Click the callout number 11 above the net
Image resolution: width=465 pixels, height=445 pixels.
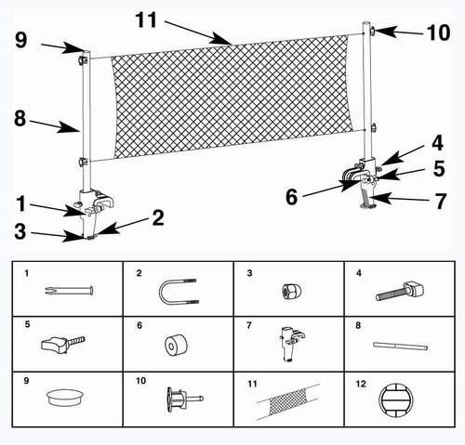[x=146, y=20]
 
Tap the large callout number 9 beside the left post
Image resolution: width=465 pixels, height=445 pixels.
[x=21, y=40]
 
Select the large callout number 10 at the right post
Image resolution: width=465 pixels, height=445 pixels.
[x=438, y=33]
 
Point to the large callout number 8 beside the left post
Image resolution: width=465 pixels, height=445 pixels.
[x=20, y=119]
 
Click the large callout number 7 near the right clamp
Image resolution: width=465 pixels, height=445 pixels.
[x=441, y=201]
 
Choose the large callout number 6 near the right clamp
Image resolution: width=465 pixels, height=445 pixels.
[x=291, y=197]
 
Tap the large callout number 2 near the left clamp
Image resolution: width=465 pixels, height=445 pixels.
[x=158, y=217]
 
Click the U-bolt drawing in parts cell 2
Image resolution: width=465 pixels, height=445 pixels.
[x=178, y=292]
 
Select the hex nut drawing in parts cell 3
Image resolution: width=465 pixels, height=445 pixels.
[x=288, y=291]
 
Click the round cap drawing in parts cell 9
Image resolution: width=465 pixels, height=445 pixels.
[x=65, y=398]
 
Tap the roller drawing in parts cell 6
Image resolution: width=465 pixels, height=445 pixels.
[x=176, y=345]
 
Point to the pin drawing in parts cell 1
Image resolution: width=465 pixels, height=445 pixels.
[x=69, y=291]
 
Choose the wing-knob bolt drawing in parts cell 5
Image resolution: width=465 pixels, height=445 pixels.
[x=63, y=344]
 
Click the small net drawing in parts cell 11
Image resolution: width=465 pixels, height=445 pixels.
[x=288, y=401]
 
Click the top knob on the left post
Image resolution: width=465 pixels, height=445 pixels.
[x=83, y=59]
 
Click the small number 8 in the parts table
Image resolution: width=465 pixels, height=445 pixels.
[x=358, y=325]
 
